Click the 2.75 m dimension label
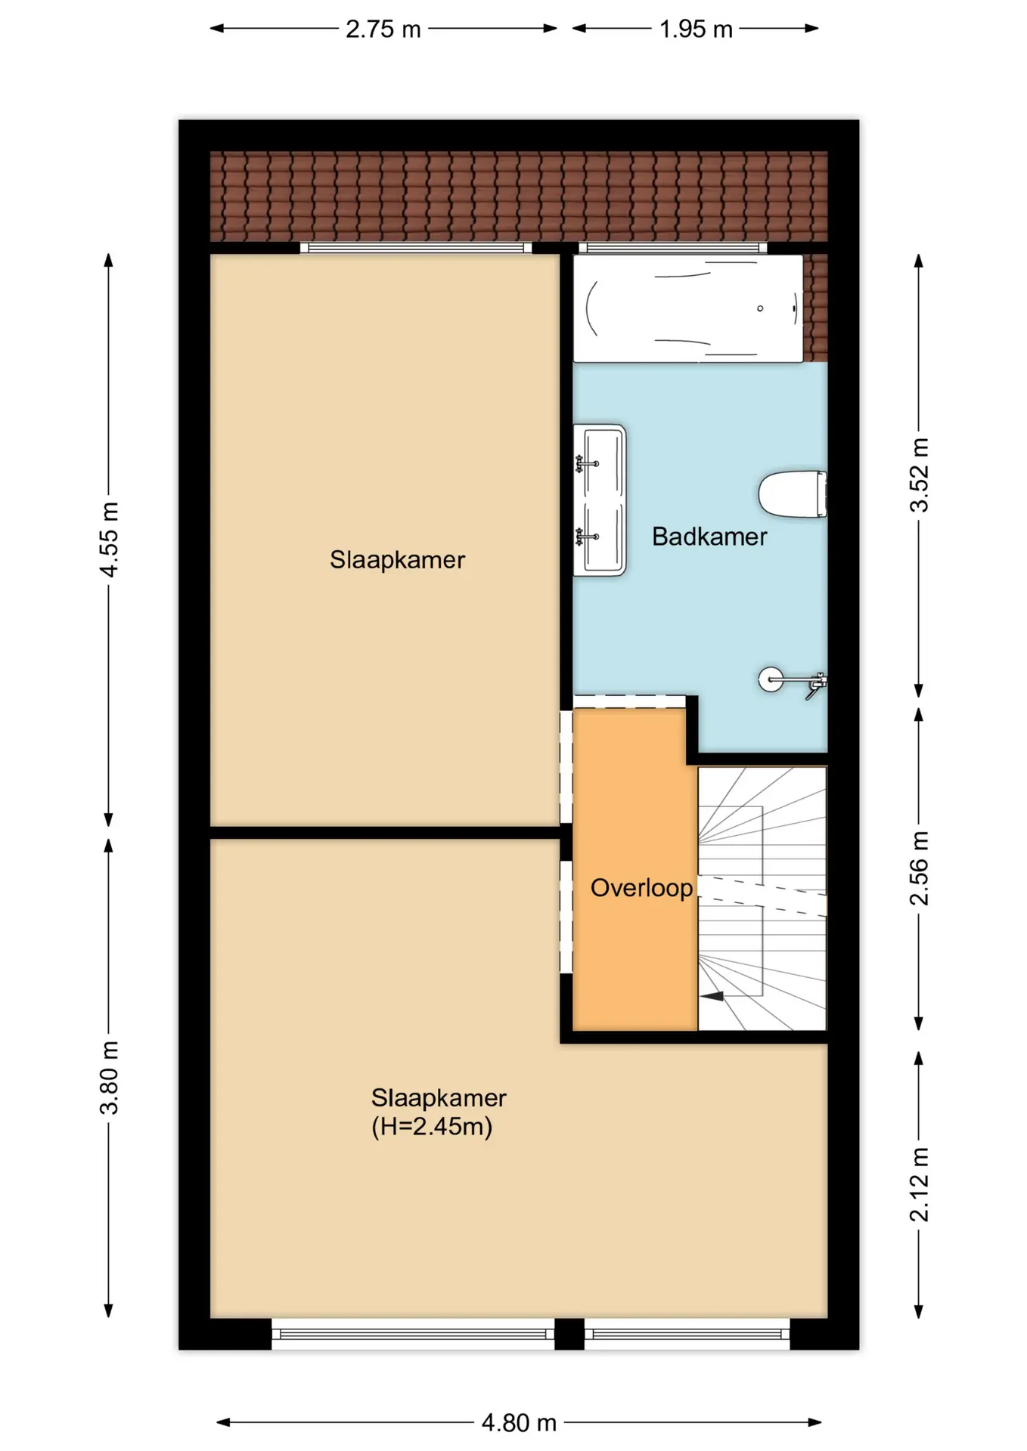click(x=383, y=29)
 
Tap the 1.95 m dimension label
click(x=696, y=29)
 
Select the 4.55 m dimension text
click(x=110, y=539)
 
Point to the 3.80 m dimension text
click(x=110, y=1077)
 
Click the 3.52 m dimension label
click(x=919, y=475)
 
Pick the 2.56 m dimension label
click(x=919, y=868)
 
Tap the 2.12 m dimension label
click(x=919, y=1184)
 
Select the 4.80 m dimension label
click(x=519, y=1423)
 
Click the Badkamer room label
click(x=709, y=537)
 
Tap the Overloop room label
click(x=641, y=888)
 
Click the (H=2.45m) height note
click(x=432, y=1127)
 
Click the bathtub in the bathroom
click(x=688, y=308)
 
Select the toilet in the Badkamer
click(x=793, y=494)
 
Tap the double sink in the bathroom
click(x=600, y=500)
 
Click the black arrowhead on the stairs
click(x=712, y=996)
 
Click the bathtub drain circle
click(x=760, y=308)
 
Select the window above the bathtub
click(x=673, y=247)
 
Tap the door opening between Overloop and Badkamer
click(x=629, y=701)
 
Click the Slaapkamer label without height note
click(x=397, y=560)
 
